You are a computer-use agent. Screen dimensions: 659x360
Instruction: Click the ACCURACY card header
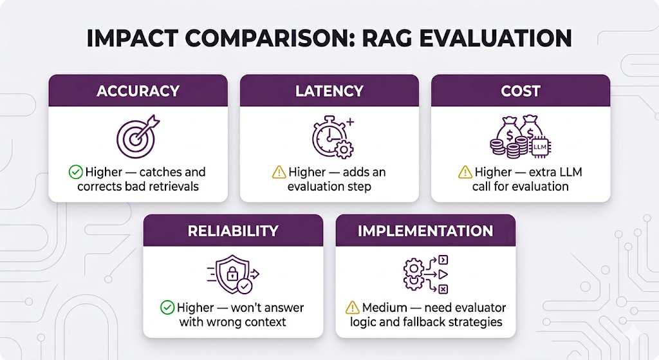[x=138, y=90]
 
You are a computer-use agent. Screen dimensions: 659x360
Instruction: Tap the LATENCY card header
[x=329, y=90]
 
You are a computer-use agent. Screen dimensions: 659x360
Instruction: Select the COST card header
[x=520, y=90]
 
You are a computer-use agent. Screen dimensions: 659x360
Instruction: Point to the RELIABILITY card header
[x=233, y=231]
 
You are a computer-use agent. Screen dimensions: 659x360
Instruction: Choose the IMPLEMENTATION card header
[x=425, y=231]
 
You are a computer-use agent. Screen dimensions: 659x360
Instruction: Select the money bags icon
[x=520, y=137]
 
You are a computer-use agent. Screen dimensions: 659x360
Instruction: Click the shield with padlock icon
[x=233, y=274]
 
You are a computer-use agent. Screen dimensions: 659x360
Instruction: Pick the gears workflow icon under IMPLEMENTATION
[x=425, y=274]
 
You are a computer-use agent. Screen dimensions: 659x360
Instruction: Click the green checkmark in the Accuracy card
[x=75, y=172]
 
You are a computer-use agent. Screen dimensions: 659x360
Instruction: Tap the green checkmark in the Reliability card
[x=167, y=307]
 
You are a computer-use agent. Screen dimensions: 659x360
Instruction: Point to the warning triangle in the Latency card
[x=279, y=172]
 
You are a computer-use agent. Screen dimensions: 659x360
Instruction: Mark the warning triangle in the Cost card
[x=465, y=172]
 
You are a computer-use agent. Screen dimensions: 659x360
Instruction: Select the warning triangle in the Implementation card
[x=352, y=307]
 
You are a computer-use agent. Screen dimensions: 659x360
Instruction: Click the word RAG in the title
[x=386, y=38]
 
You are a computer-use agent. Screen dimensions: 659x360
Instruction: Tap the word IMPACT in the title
[x=132, y=38]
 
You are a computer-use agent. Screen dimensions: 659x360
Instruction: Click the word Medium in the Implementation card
[x=385, y=307]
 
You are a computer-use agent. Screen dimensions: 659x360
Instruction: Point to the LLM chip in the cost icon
[x=540, y=147]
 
